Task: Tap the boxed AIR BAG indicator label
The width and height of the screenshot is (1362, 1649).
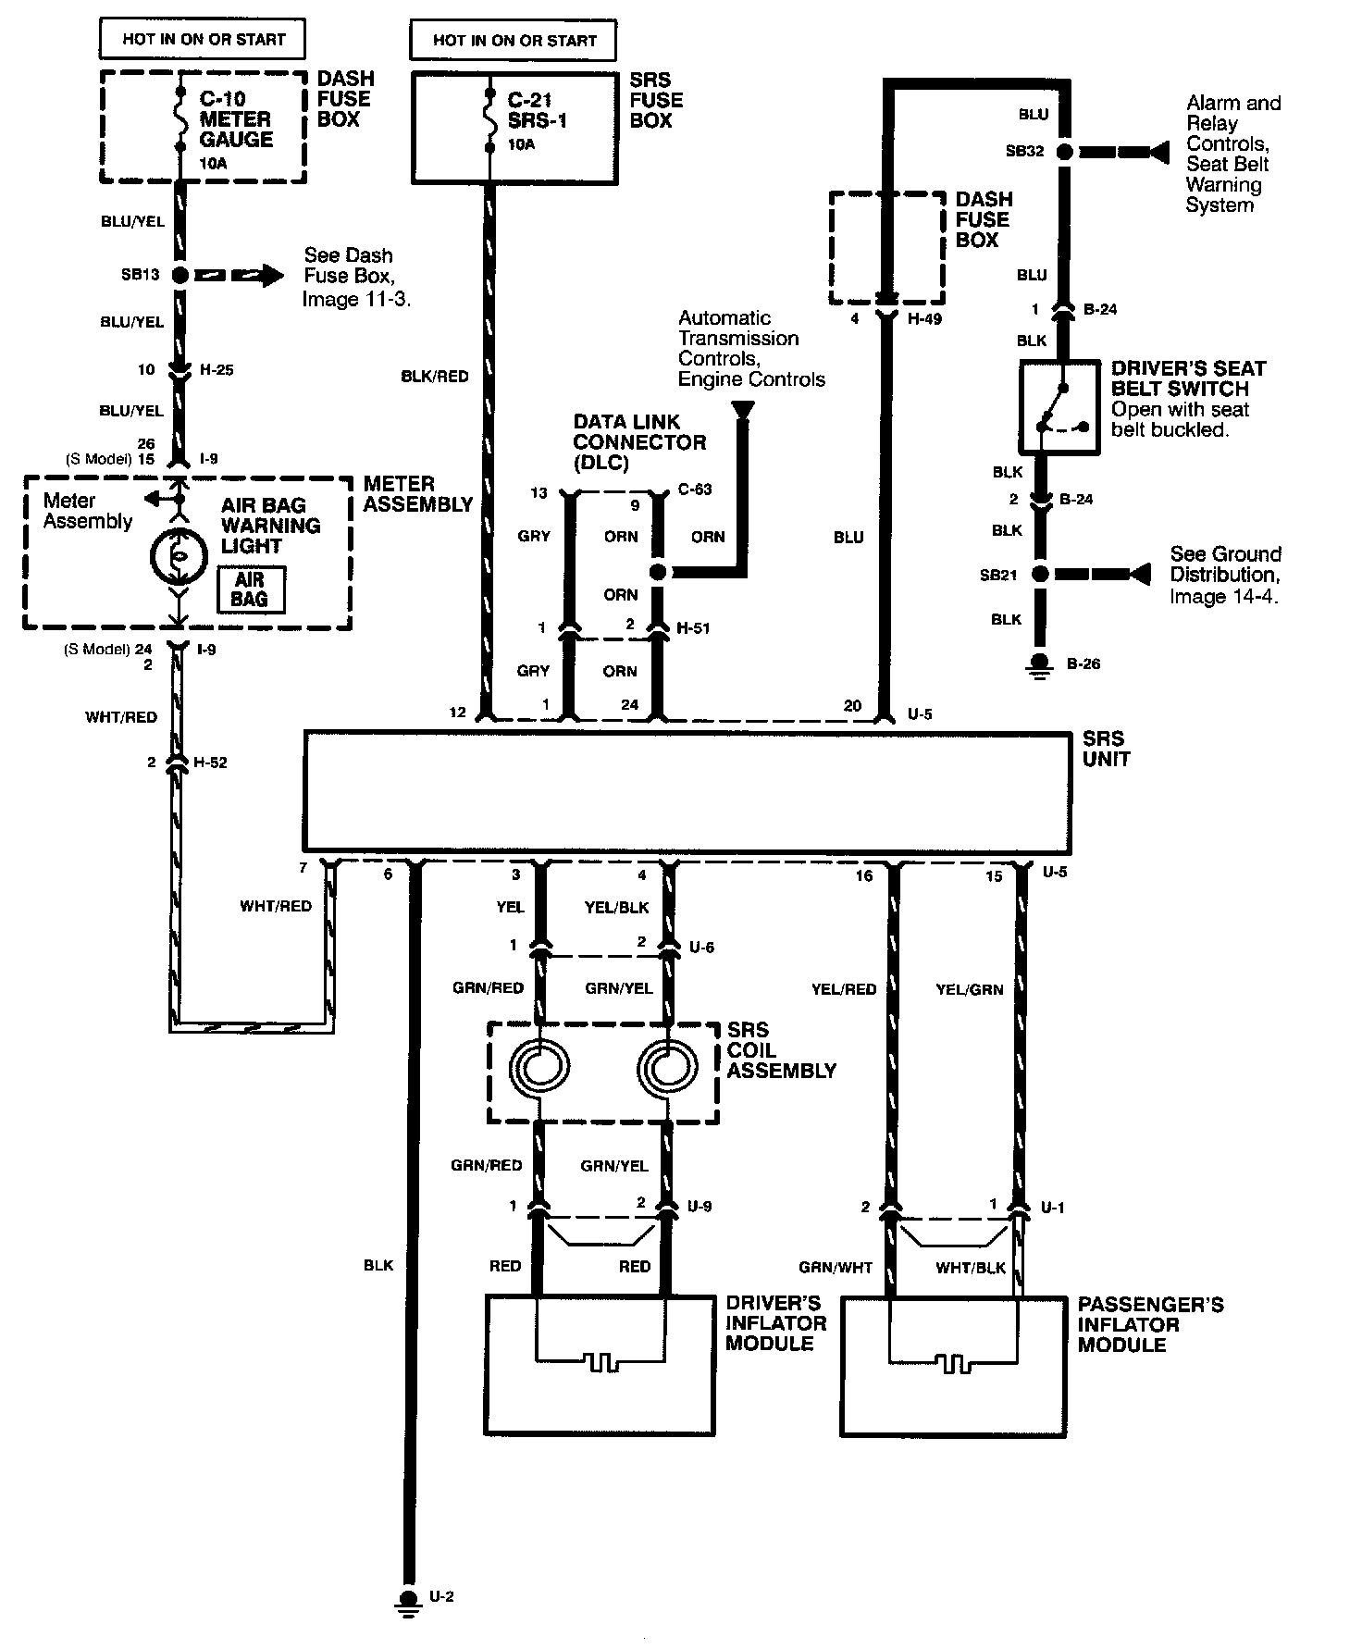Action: pos(250,589)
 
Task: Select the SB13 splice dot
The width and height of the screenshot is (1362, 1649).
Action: pos(179,275)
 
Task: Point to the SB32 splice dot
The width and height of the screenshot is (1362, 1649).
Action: pos(1065,151)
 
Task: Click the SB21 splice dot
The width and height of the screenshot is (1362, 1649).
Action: pos(1040,575)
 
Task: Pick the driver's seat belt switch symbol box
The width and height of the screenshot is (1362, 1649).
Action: pos(1059,407)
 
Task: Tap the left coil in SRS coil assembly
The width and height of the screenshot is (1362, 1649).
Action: pos(539,1071)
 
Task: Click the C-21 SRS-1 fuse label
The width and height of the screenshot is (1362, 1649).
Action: pos(538,110)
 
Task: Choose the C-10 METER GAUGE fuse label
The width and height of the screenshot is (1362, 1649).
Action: pos(236,119)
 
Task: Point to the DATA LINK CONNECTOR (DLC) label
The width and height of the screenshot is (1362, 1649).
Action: pos(638,442)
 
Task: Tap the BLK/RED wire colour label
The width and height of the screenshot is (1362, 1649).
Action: pos(435,377)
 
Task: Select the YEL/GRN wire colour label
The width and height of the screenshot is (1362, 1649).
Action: pos(970,989)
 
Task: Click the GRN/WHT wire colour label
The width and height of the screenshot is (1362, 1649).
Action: pos(836,1267)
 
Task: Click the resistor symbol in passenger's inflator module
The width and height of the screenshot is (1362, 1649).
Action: pos(954,1363)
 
